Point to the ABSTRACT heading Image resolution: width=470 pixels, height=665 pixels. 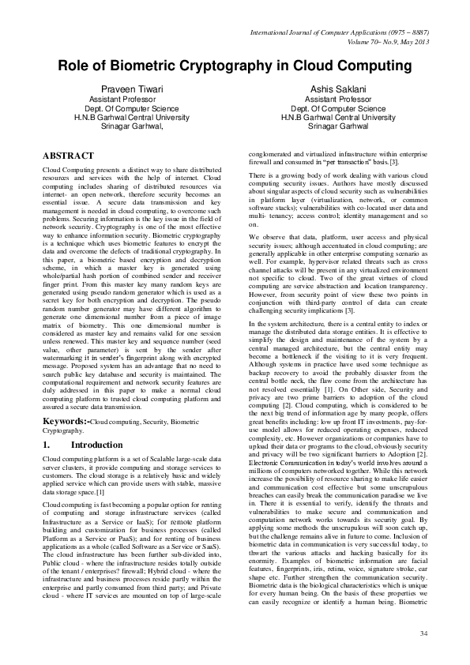[68, 156]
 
